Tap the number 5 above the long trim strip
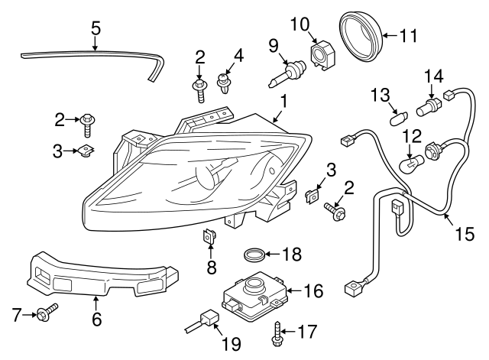pos(96,28)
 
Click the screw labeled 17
pos(274,332)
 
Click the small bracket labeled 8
pos(209,238)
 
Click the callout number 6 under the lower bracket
pos(96,319)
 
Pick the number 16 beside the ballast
pos(313,290)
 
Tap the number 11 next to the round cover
pos(411,34)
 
